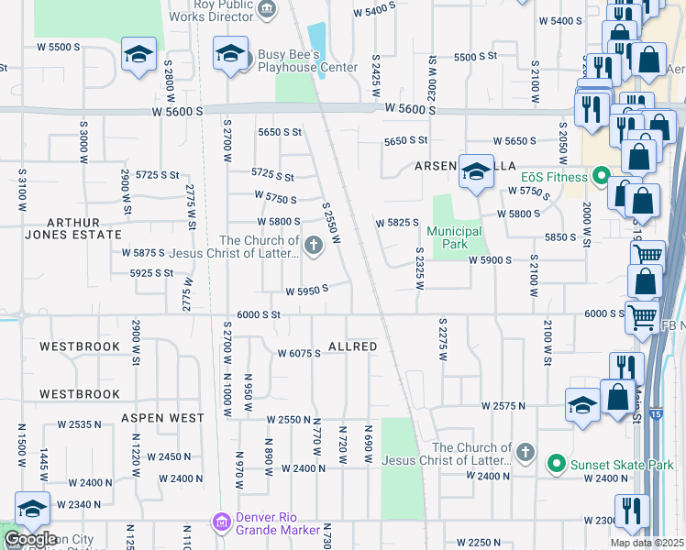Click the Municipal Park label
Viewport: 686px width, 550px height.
[454, 237]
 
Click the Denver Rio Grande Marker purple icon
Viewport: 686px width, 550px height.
[221, 522]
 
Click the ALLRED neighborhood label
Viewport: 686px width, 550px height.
[353, 346]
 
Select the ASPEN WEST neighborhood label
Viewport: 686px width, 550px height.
[161, 417]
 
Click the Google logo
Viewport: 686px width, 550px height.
[31, 538]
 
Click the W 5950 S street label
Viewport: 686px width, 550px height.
[306, 291]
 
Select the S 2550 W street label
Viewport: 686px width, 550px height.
[331, 224]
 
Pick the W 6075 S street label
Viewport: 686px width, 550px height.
[299, 354]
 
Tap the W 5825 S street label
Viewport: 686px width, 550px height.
[398, 223]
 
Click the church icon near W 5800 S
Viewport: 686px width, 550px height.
[314, 245]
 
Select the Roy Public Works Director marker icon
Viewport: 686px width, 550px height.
[266, 9]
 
